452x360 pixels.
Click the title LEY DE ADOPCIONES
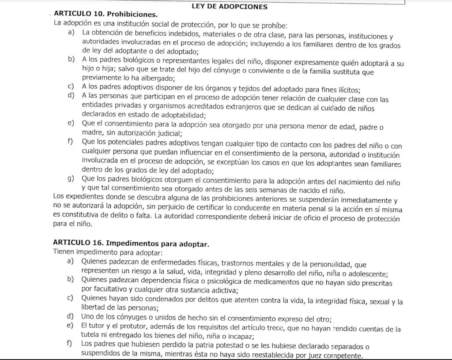tap(230, 7)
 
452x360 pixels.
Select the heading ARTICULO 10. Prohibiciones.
tap(105, 15)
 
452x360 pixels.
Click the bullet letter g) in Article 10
tap(71, 179)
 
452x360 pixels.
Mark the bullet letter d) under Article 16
tap(70, 316)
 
